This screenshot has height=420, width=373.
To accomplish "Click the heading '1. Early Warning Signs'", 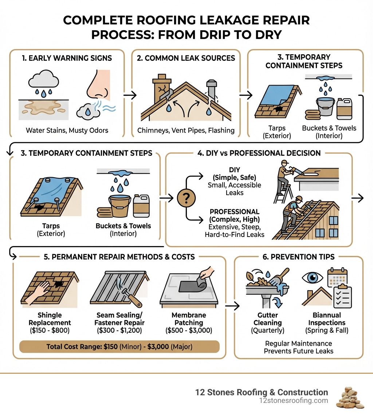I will click(x=67, y=58).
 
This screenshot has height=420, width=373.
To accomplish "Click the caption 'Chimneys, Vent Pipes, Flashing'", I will click(x=186, y=130).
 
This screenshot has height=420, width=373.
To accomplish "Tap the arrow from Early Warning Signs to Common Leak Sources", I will click(x=130, y=95).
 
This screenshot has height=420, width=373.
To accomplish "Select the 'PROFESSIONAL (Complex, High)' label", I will click(x=234, y=215).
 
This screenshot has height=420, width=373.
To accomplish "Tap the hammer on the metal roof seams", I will click(x=124, y=292).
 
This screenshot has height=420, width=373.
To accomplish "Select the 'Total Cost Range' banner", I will click(x=120, y=346).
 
